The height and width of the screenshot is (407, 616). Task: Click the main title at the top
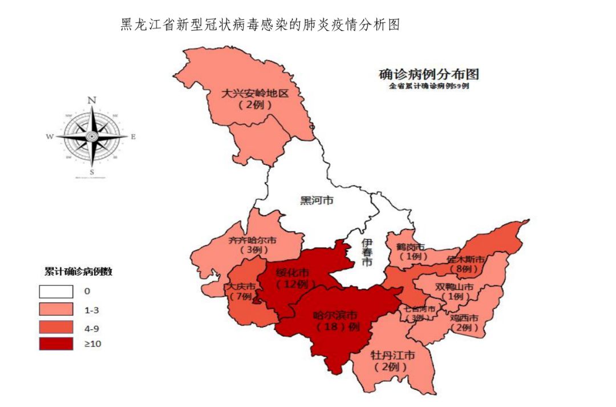(260, 25)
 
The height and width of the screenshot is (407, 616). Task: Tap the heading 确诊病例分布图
(429, 74)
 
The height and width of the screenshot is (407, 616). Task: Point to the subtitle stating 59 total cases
(429, 87)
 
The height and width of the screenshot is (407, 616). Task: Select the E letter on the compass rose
(133, 137)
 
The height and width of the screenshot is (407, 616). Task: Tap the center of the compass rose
(91, 136)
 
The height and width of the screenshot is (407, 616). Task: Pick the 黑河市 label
(317, 200)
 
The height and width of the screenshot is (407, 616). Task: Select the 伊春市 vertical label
(366, 252)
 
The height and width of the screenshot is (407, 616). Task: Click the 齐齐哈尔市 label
(253, 240)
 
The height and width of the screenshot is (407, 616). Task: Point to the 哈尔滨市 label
(336, 315)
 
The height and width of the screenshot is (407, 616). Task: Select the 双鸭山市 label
(455, 287)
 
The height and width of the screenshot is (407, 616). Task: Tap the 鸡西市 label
(464, 317)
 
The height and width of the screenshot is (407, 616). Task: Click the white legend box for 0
(56, 291)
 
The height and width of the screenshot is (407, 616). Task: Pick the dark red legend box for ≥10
(56, 344)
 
